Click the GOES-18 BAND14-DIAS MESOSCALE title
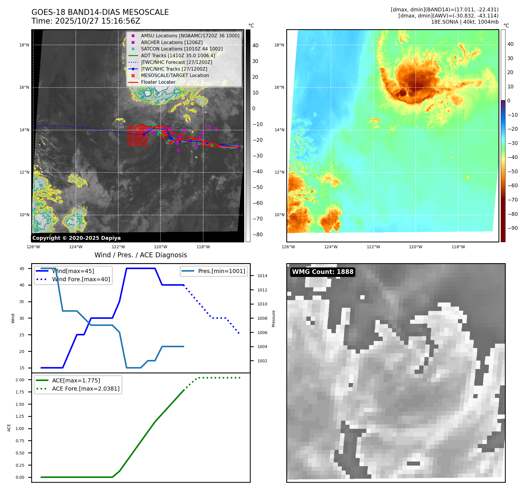(100, 12)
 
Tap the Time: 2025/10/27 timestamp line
(86, 21)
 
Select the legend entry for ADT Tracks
(178, 55)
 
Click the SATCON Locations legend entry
(182, 49)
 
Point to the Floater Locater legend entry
(158, 82)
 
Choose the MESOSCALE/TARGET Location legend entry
(175, 75)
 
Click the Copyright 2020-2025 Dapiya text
(76, 238)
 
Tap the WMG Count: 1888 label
(323, 272)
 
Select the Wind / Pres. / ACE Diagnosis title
(141, 255)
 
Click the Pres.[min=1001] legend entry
(222, 271)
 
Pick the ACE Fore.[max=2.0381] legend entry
(86, 389)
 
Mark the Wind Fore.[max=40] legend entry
(81, 279)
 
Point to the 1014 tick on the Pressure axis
(262, 276)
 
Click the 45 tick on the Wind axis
(22, 269)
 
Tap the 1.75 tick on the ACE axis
(20, 392)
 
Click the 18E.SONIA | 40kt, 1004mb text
(465, 22)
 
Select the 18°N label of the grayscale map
(24, 45)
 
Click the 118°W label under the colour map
(458, 247)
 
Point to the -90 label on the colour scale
(512, 228)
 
